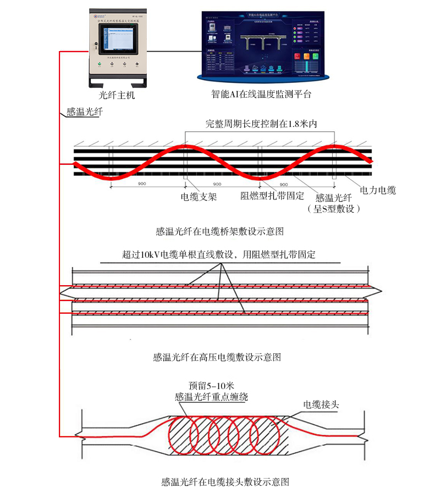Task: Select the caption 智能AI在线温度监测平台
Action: pos(261,94)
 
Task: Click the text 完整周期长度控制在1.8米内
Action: pos(262,124)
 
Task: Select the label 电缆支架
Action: pos(199,196)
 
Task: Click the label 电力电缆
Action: pos(378,191)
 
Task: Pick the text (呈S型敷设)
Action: pos(334,209)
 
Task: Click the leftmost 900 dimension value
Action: pos(142,184)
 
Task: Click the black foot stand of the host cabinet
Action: pos(118,82)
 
